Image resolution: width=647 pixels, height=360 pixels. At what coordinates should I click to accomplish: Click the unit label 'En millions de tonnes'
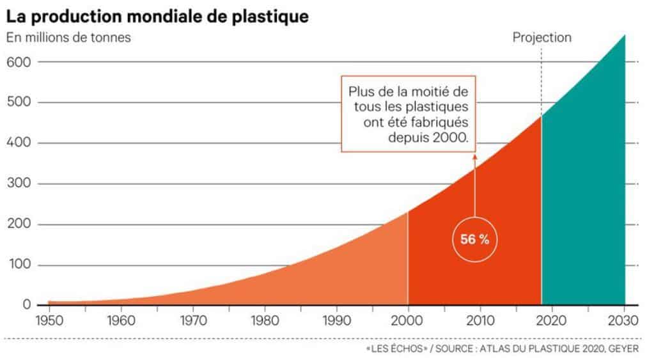tap(68, 37)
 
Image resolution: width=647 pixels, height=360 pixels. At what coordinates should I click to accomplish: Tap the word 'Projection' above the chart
tap(542, 38)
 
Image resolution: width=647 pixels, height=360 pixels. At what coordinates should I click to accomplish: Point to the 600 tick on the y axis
tap(19, 61)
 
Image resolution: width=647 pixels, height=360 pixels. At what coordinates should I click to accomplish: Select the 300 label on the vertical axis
tap(19, 184)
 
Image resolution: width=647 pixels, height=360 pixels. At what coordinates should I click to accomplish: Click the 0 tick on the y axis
tap(27, 305)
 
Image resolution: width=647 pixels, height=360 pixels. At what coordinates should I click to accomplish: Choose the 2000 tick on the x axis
tap(408, 320)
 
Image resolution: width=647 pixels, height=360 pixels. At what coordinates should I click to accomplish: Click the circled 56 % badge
tap(474, 240)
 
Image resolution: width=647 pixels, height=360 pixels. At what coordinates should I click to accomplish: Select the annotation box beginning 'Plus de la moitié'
tap(409, 114)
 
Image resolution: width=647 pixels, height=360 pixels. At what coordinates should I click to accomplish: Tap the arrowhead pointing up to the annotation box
tap(474, 155)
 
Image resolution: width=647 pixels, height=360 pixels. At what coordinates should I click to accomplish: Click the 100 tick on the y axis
tap(19, 265)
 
